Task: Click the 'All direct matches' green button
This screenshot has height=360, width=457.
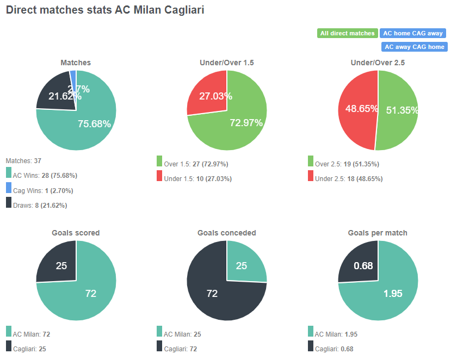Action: [x=347, y=33]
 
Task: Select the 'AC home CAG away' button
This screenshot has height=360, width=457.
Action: [x=413, y=33]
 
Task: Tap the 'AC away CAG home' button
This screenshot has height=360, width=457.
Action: [x=415, y=47]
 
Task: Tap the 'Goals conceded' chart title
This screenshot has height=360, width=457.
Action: [x=226, y=233]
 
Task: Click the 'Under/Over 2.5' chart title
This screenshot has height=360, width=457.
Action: [x=378, y=63]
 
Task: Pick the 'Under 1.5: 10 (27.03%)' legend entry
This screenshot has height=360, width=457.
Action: [x=196, y=178]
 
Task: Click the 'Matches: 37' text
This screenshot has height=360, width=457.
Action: [x=23, y=161]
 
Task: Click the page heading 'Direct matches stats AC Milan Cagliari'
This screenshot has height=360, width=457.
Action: [x=105, y=10]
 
